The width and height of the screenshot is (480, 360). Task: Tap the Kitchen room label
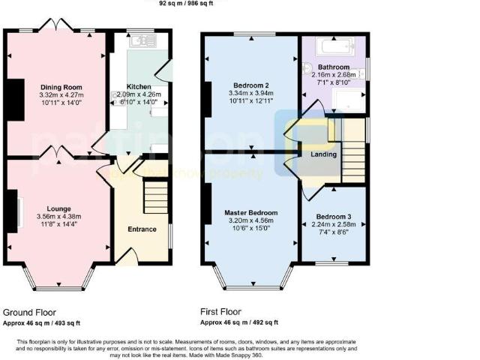tap(138, 88)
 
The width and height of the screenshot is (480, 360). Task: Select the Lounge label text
tap(58, 208)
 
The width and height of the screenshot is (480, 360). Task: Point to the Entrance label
tap(142, 229)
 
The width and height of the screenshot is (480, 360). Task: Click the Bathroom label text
tap(334, 67)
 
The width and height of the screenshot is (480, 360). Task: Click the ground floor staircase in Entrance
tap(154, 196)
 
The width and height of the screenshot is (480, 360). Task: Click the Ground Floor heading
tap(29, 312)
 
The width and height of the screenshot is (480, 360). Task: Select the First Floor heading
tap(223, 312)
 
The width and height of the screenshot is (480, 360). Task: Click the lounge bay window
tap(58, 280)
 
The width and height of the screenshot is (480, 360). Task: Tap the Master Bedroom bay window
tap(251, 280)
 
